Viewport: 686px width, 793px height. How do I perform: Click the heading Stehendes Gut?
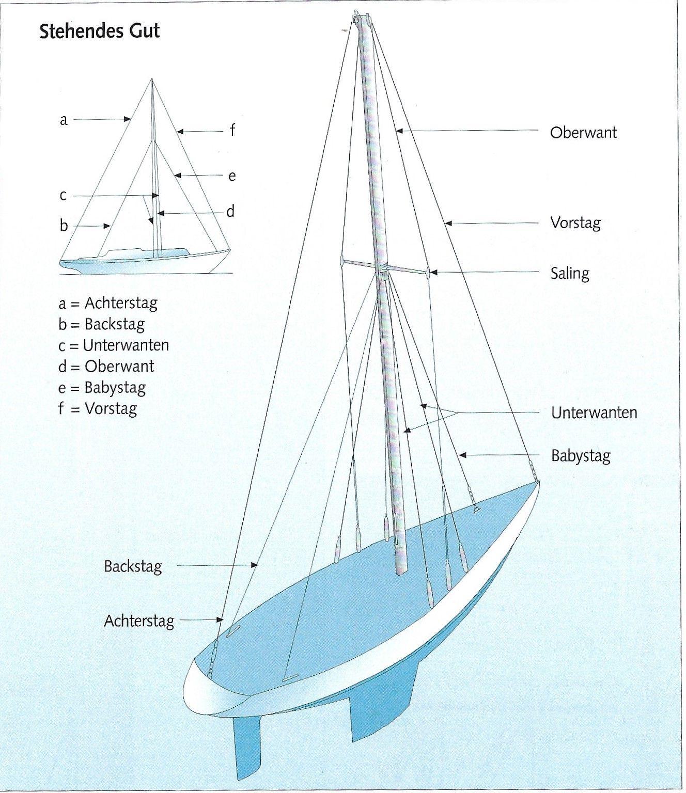(x=100, y=31)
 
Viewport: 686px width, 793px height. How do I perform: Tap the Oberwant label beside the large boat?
(x=583, y=133)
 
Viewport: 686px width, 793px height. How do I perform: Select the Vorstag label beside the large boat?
(x=575, y=224)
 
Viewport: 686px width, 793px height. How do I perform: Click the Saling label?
(x=569, y=273)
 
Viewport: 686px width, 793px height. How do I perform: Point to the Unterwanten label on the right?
(x=594, y=413)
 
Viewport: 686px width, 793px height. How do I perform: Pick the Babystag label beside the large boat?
(x=581, y=456)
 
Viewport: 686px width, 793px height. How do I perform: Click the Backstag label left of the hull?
(x=133, y=566)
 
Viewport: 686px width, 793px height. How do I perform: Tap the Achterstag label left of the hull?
(x=139, y=621)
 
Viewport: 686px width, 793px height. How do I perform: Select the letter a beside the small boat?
(x=64, y=120)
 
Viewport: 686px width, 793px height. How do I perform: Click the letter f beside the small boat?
(x=232, y=131)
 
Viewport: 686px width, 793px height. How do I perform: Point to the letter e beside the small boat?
(x=232, y=177)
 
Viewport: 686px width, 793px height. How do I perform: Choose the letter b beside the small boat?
(x=64, y=226)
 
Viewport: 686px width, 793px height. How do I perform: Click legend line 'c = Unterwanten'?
(x=114, y=345)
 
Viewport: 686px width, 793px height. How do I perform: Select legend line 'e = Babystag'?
(x=102, y=388)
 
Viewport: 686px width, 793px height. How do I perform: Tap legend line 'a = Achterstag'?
(x=108, y=303)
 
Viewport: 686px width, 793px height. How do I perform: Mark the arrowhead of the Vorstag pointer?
(x=447, y=224)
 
